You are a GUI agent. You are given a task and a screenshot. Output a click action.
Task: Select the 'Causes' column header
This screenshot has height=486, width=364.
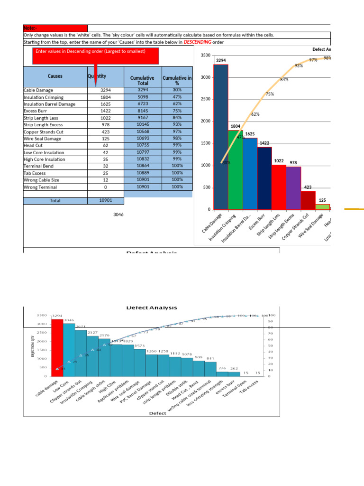click(x=55, y=76)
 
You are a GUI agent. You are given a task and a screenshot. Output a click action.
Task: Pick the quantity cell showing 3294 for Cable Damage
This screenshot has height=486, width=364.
click(x=105, y=90)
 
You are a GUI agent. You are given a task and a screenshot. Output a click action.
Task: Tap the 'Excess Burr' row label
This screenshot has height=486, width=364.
click(x=35, y=111)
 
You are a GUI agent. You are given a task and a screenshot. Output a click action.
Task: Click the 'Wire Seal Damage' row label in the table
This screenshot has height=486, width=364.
click(x=43, y=139)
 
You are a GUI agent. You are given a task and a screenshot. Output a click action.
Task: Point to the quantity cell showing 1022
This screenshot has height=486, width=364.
click(x=105, y=118)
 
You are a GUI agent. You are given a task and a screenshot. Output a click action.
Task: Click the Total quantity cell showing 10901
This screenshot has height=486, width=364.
click(x=105, y=200)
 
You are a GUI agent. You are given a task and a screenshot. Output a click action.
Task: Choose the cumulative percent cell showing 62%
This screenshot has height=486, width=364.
click(x=177, y=103)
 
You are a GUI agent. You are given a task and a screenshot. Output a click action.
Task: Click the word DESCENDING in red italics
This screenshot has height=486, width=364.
click(x=197, y=42)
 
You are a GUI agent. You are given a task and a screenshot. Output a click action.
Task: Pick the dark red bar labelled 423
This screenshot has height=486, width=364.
click(x=308, y=200)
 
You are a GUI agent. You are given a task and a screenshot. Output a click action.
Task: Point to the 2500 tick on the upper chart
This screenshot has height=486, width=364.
click(x=205, y=99)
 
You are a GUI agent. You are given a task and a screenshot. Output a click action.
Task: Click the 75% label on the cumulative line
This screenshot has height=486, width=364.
click(x=270, y=94)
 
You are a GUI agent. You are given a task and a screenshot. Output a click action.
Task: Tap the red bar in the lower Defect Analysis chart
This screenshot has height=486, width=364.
click(x=57, y=346)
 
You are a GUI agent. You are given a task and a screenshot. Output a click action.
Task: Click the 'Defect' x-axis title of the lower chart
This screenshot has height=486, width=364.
click(x=157, y=413)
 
